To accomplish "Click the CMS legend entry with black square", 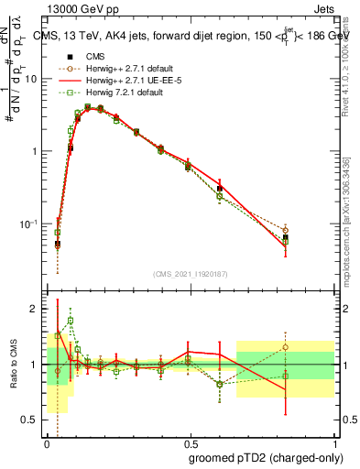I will [x=95, y=56].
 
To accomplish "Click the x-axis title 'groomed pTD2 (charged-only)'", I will [x=266, y=458].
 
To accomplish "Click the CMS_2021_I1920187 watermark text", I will [x=190, y=273].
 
